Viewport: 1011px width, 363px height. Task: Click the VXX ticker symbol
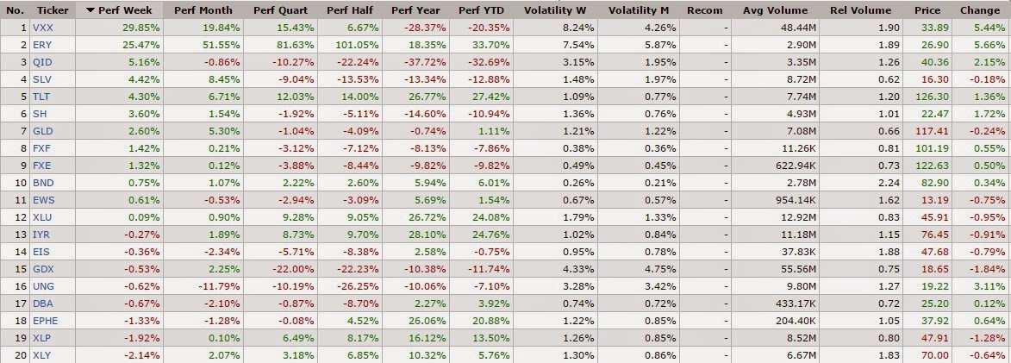point(42,27)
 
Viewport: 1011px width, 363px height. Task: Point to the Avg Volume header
point(775,10)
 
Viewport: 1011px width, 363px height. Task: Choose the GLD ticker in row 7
point(42,130)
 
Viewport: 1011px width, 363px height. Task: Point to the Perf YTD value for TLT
point(484,97)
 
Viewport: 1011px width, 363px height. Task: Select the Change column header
point(979,10)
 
